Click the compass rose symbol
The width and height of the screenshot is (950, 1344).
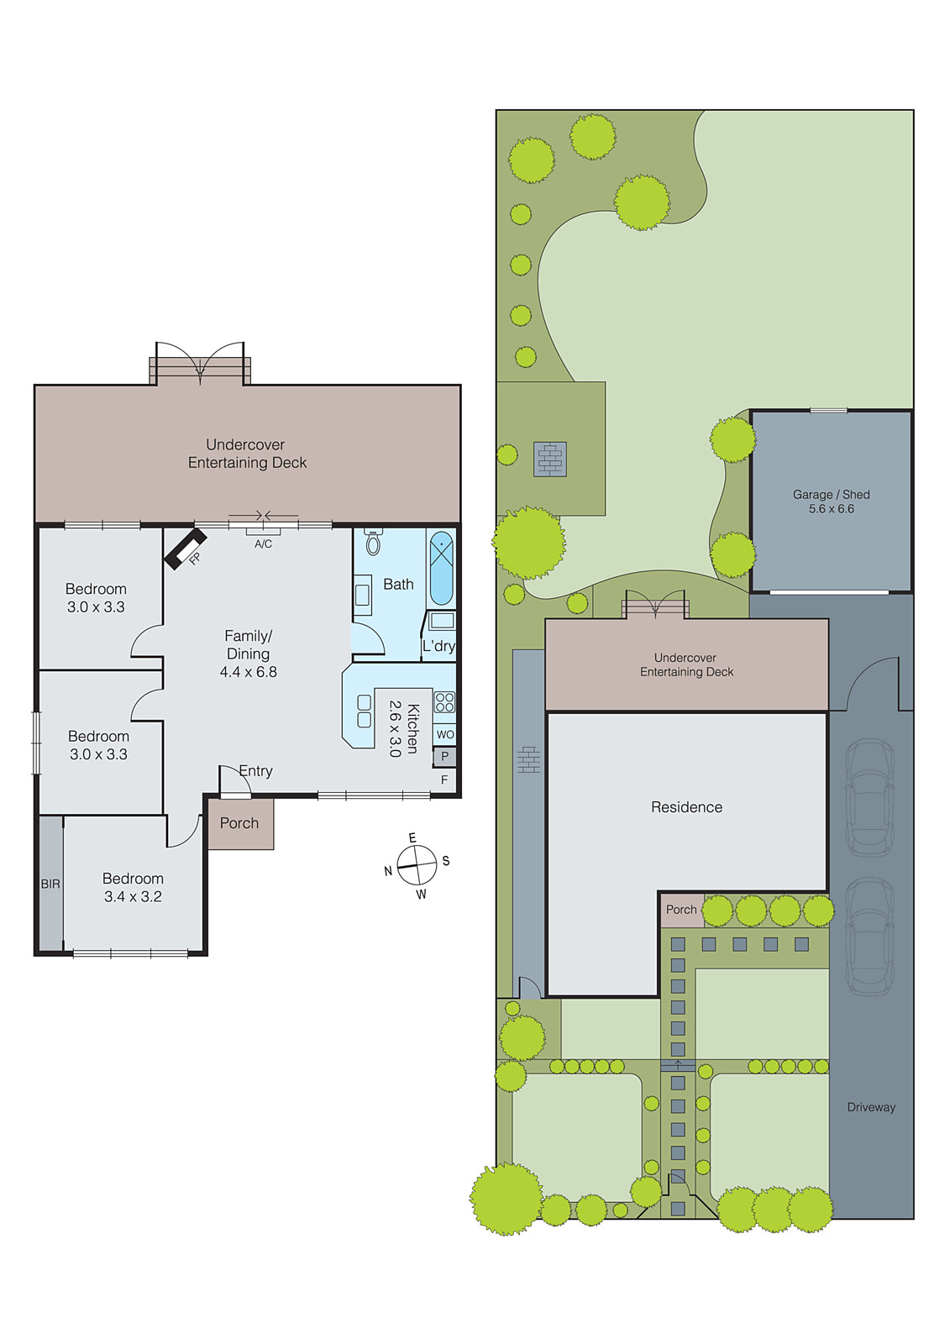pos(417,865)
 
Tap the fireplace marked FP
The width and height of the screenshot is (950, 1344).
pos(184,549)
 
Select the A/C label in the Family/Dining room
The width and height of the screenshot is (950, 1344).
pos(263,544)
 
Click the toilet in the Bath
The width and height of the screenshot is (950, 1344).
pos(374,542)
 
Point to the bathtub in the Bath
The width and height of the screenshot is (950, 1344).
pos(442,568)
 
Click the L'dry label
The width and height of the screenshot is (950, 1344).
pos(438,646)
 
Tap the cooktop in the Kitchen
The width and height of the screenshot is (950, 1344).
pos(444,702)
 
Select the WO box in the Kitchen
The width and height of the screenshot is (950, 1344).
pos(445,734)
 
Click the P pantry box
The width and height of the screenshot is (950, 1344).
pos(444,757)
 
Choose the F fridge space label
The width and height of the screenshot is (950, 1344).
pos(444,780)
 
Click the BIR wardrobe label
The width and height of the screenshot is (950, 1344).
pos(50,885)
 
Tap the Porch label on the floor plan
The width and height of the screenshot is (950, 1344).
pos(239,823)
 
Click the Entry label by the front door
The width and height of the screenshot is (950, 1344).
pos(255,771)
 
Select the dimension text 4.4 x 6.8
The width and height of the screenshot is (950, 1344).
pos(249,672)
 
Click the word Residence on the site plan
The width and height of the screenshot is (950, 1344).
pos(686,807)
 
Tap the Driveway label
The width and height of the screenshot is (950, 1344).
pos(871,1107)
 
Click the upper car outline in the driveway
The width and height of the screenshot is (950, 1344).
pos(869,797)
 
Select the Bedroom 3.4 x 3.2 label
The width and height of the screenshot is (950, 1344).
pos(133,887)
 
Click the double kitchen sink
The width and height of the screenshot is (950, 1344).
pos(365,711)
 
